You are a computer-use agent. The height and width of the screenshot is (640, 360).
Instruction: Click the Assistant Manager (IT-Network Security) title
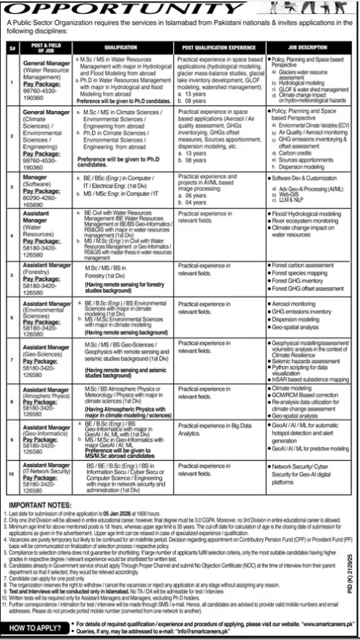[x=41, y=469]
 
